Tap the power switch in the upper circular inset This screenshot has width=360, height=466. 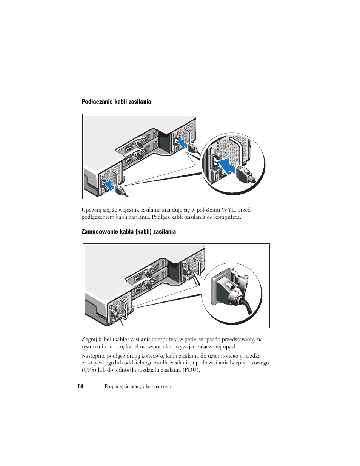(217, 175)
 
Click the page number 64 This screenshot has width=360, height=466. (80, 386)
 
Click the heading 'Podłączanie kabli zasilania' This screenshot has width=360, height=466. (116, 102)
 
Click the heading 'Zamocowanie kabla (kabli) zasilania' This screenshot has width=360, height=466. (129, 231)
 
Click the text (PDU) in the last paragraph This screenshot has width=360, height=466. (191, 370)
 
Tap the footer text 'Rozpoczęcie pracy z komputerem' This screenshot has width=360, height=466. (138, 387)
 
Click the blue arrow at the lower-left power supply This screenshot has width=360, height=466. (109, 185)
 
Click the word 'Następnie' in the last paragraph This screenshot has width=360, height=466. (93, 356)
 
